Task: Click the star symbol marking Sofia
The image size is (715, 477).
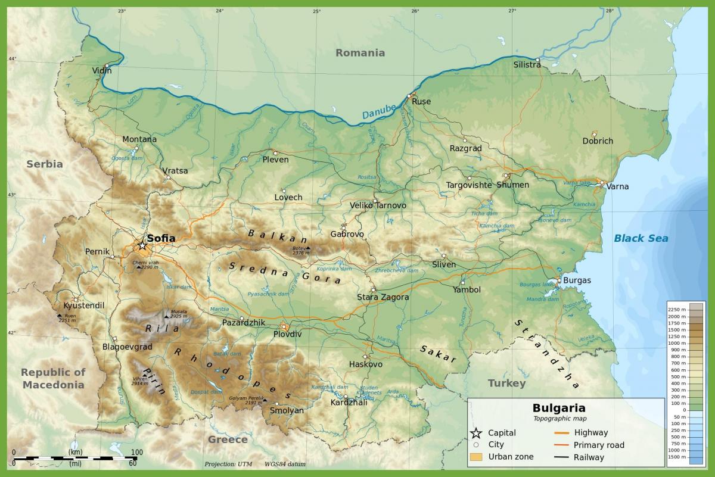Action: click(x=142, y=245)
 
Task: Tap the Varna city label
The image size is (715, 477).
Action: click(x=617, y=186)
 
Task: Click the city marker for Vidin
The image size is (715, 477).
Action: click(x=107, y=66)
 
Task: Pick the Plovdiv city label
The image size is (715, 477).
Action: click(x=287, y=334)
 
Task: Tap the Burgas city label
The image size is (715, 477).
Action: click(x=577, y=280)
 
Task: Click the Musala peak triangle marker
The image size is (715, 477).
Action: click(x=166, y=316)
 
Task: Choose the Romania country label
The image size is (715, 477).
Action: click(x=360, y=52)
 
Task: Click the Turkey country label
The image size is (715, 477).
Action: click(x=506, y=383)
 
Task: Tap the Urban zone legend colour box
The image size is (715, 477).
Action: click(x=475, y=457)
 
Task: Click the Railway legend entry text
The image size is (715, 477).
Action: click(x=589, y=457)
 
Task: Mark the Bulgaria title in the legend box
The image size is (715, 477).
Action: click(x=558, y=408)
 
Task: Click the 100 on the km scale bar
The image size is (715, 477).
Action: click(x=136, y=452)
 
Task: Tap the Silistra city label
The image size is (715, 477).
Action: click(x=527, y=65)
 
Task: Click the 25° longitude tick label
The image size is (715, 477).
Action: click(x=316, y=11)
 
